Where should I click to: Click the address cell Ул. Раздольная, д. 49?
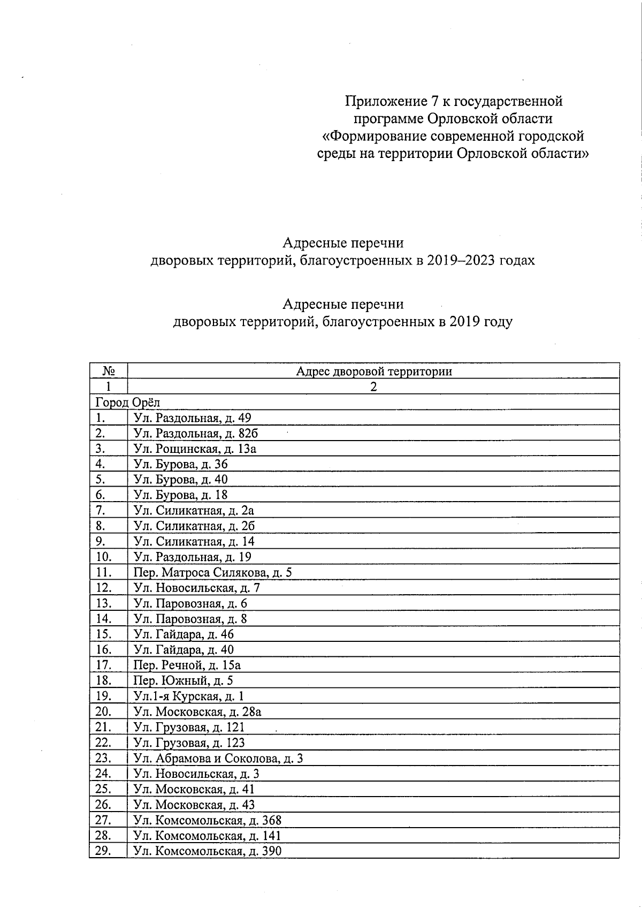192,418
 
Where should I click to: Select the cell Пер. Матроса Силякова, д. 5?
212,573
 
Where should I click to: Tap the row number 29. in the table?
103,851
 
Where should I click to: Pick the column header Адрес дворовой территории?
373,371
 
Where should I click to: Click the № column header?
109,371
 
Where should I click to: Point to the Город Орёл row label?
127,402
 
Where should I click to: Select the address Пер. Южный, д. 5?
183,681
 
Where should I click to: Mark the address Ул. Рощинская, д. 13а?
195,449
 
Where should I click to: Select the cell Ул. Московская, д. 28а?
197,711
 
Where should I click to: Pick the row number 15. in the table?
103,634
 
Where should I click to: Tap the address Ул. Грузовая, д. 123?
189,743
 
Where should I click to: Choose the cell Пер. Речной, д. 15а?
187,665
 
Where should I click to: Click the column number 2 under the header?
373,387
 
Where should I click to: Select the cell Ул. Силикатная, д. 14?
194,541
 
